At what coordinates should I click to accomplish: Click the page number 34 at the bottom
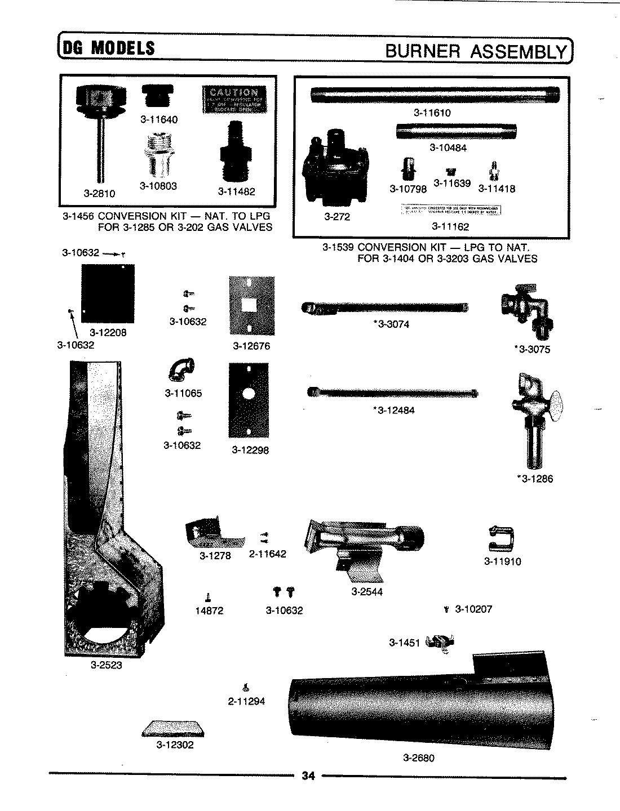pyautogui.click(x=307, y=776)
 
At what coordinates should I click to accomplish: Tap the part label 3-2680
pyautogui.click(x=418, y=758)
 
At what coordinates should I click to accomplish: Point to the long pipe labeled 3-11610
pyautogui.click(x=435, y=95)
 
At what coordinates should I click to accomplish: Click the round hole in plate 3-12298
pyautogui.click(x=249, y=395)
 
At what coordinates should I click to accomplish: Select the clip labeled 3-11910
pyautogui.click(x=501, y=538)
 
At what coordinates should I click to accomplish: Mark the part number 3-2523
pyautogui.click(x=107, y=665)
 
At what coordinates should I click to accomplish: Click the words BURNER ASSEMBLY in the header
pyautogui.click(x=475, y=51)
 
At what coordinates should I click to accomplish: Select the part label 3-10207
pyautogui.click(x=473, y=609)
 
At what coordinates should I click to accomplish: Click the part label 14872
pyautogui.click(x=209, y=611)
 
